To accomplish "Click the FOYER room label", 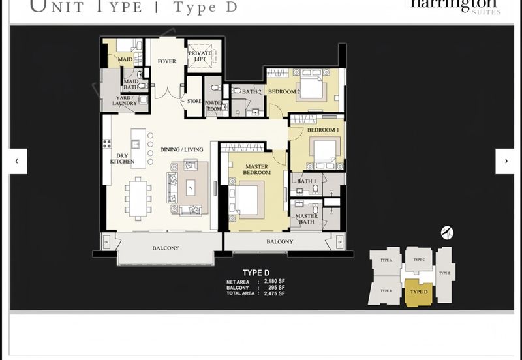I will point(168,61).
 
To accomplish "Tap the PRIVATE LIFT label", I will point(200,56).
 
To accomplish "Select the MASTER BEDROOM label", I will point(257,170).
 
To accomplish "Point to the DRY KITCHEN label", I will point(121,158).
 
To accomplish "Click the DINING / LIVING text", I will point(182,149).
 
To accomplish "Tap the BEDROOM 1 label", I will point(323,130).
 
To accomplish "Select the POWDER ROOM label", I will point(215,105).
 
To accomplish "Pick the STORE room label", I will point(194,101).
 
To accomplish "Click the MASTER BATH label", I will point(306,219).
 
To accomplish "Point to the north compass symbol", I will point(446,232).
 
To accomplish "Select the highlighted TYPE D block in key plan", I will point(418,292).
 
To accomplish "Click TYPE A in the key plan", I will point(386,260).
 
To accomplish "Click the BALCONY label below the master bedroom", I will point(279,242).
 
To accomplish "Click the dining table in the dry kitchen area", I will point(138,198).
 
